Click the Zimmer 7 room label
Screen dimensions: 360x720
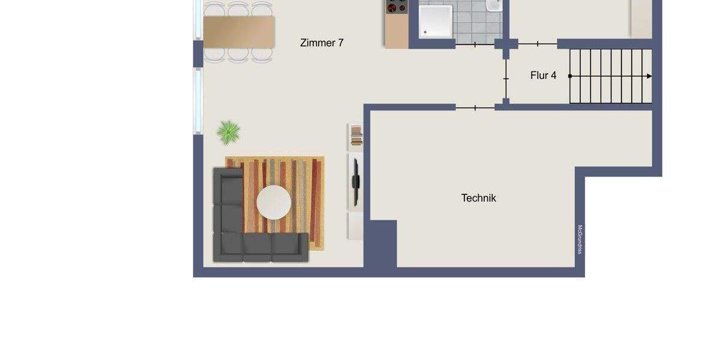point(322,43)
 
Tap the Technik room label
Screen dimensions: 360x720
point(478,198)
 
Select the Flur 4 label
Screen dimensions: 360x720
point(543,76)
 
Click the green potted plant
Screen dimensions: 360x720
point(228,132)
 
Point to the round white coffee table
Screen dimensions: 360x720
point(274,202)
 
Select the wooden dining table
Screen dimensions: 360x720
point(239,31)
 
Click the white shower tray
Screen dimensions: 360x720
point(435,20)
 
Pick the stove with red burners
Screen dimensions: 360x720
point(396,7)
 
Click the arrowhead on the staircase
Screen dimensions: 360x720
point(649,76)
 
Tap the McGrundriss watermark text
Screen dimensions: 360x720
point(580,239)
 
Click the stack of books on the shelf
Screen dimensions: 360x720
point(356,135)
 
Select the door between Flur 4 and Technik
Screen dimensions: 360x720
point(475,108)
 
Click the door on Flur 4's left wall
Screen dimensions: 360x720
point(506,79)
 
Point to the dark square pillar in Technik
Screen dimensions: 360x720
point(380,243)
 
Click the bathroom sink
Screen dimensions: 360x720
point(494,5)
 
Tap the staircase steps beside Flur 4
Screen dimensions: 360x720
point(609,76)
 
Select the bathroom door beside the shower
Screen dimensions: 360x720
point(475,44)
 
